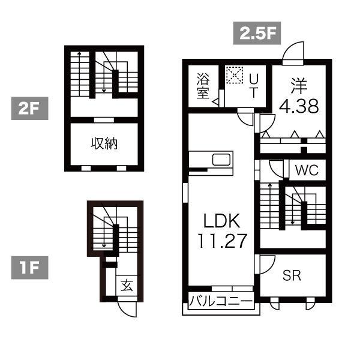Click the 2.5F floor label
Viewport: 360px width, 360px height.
click(x=257, y=33)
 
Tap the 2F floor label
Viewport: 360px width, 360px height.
click(x=29, y=109)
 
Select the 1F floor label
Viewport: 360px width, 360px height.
click(x=29, y=268)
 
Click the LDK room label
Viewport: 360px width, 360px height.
click(x=222, y=220)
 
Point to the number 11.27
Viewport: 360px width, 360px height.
click(x=222, y=241)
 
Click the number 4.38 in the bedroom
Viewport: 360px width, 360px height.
click(x=299, y=106)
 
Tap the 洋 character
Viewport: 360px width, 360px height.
click(x=299, y=86)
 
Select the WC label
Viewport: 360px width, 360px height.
click(x=307, y=170)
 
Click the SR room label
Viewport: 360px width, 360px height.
click(x=292, y=275)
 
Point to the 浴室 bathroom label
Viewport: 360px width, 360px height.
click(x=203, y=86)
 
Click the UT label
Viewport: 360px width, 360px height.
click(x=254, y=86)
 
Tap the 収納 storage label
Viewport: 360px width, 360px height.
click(x=104, y=144)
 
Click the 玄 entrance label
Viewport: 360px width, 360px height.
click(x=127, y=286)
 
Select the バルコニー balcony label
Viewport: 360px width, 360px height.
click(x=221, y=301)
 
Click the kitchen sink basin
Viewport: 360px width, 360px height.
click(x=221, y=160)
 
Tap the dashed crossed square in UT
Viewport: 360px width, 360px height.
click(x=234, y=75)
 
